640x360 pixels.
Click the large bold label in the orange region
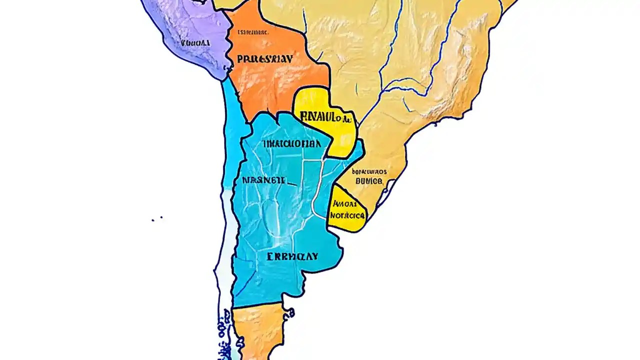[264, 59]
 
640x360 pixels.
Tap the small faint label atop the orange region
[253, 32]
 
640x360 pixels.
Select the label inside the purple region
[195, 43]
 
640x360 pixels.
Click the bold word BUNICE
[368, 181]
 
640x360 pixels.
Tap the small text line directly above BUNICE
[369, 171]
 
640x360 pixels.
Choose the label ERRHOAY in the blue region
[292, 256]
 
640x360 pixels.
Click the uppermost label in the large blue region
[291, 144]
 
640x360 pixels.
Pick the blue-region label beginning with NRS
[263, 180]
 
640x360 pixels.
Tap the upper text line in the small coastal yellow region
[344, 204]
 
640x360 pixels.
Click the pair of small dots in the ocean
[157, 218]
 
